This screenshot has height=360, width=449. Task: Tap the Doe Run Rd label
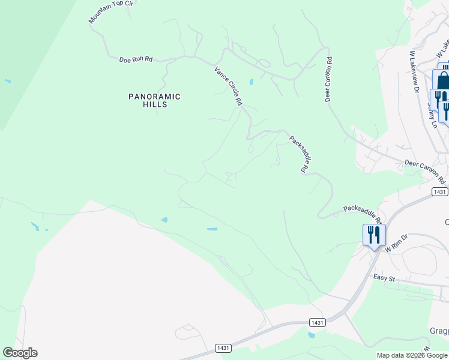coord(136,59)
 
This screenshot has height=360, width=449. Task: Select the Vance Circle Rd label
coord(228,86)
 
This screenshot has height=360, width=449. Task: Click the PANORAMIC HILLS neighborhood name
coord(154,100)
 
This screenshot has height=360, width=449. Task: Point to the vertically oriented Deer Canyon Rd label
coord(329,79)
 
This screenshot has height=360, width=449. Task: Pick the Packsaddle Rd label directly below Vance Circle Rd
coord(298,154)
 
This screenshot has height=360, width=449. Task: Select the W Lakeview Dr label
coord(414,71)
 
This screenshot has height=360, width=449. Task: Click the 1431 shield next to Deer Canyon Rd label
coord(439,191)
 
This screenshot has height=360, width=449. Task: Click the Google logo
coord(20,353)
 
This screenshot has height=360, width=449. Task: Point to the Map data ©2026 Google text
coord(412,355)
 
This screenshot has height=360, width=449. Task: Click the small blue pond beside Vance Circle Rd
coord(251,82)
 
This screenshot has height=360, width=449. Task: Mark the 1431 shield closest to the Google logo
coord(223,348)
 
